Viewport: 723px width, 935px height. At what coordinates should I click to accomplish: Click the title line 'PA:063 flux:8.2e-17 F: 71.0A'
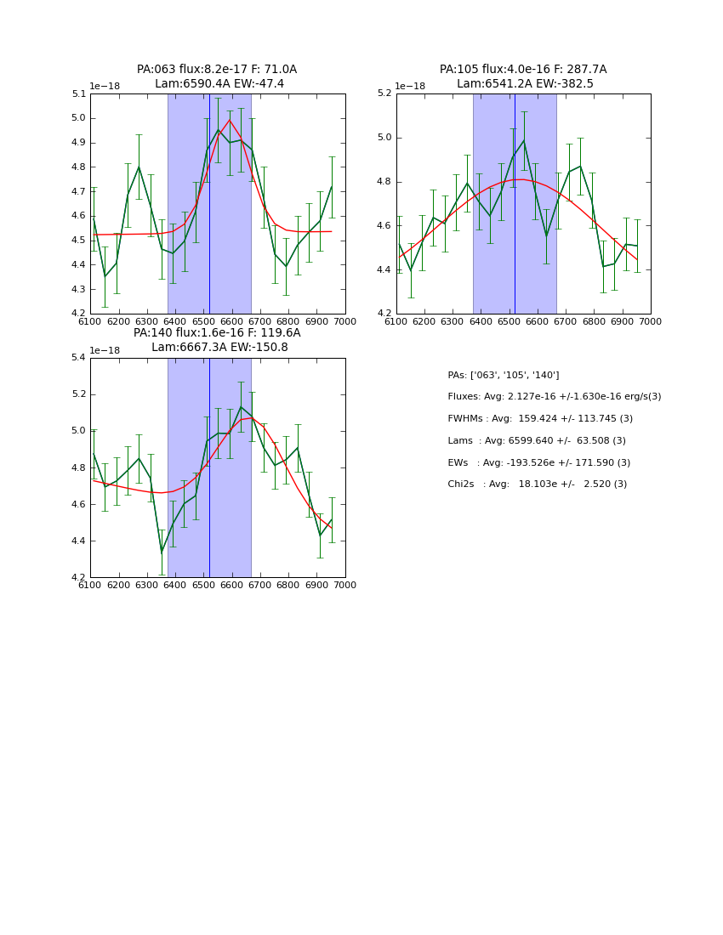(217, 70)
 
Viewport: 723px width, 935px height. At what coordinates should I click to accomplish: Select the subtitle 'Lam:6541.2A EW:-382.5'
(523, 84)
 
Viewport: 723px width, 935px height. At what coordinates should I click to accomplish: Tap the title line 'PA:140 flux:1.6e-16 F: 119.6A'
(217, 333)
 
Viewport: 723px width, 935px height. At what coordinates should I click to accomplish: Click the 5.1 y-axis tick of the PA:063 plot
(79, 93)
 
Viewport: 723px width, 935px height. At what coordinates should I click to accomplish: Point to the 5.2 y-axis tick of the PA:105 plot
(385, 93)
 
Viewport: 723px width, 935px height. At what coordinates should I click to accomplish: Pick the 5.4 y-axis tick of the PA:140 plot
(79, 358)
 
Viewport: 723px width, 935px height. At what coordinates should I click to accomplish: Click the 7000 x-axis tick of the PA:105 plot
(650, 321)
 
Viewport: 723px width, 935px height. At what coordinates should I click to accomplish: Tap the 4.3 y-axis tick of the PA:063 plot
(79, 289)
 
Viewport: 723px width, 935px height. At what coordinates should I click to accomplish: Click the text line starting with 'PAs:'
(504, 375)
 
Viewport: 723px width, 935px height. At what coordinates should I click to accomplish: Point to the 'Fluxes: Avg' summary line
(554, 397)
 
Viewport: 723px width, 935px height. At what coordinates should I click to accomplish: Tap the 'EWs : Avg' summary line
(538, 462)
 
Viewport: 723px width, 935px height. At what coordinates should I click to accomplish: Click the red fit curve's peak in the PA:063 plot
(230, 120)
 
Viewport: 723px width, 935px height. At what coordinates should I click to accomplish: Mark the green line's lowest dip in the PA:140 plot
(162, 552)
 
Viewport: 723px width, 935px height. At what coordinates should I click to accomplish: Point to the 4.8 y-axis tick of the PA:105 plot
(385, 182)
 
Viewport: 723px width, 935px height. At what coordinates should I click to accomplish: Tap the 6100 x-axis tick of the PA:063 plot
(90, 321)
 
